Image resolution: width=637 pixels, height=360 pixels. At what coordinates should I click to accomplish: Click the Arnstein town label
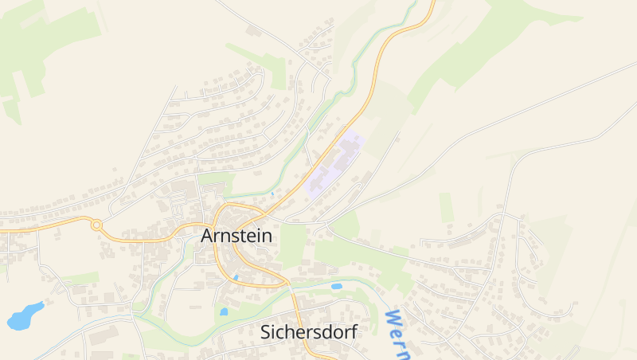coord(236,237)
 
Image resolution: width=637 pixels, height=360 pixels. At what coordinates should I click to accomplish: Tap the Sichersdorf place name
coord(309,332)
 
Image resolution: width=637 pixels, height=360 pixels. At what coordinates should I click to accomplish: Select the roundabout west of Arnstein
coord(96,225)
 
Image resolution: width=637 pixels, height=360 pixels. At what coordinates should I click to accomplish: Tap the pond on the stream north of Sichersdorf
coord(336,286)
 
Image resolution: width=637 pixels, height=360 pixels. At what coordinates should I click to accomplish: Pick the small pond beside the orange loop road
coord(236,277)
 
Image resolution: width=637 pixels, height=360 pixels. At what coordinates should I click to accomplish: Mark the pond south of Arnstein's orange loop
coord(224,311)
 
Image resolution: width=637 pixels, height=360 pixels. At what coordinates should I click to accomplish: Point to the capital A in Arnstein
coord(208,237)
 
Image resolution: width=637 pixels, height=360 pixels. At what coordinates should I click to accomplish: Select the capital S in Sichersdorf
coord(267,332)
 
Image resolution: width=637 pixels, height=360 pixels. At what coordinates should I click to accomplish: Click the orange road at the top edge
coord(432,4)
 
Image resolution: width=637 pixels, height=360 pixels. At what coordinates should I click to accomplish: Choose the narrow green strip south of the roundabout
coord(80,278)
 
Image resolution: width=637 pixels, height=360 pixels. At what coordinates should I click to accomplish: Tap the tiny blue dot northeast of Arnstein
coord(272,193)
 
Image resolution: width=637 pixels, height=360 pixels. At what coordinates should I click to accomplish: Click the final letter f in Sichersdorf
coord(353,332)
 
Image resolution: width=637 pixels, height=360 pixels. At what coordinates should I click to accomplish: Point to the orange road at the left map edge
coord(3,230)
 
